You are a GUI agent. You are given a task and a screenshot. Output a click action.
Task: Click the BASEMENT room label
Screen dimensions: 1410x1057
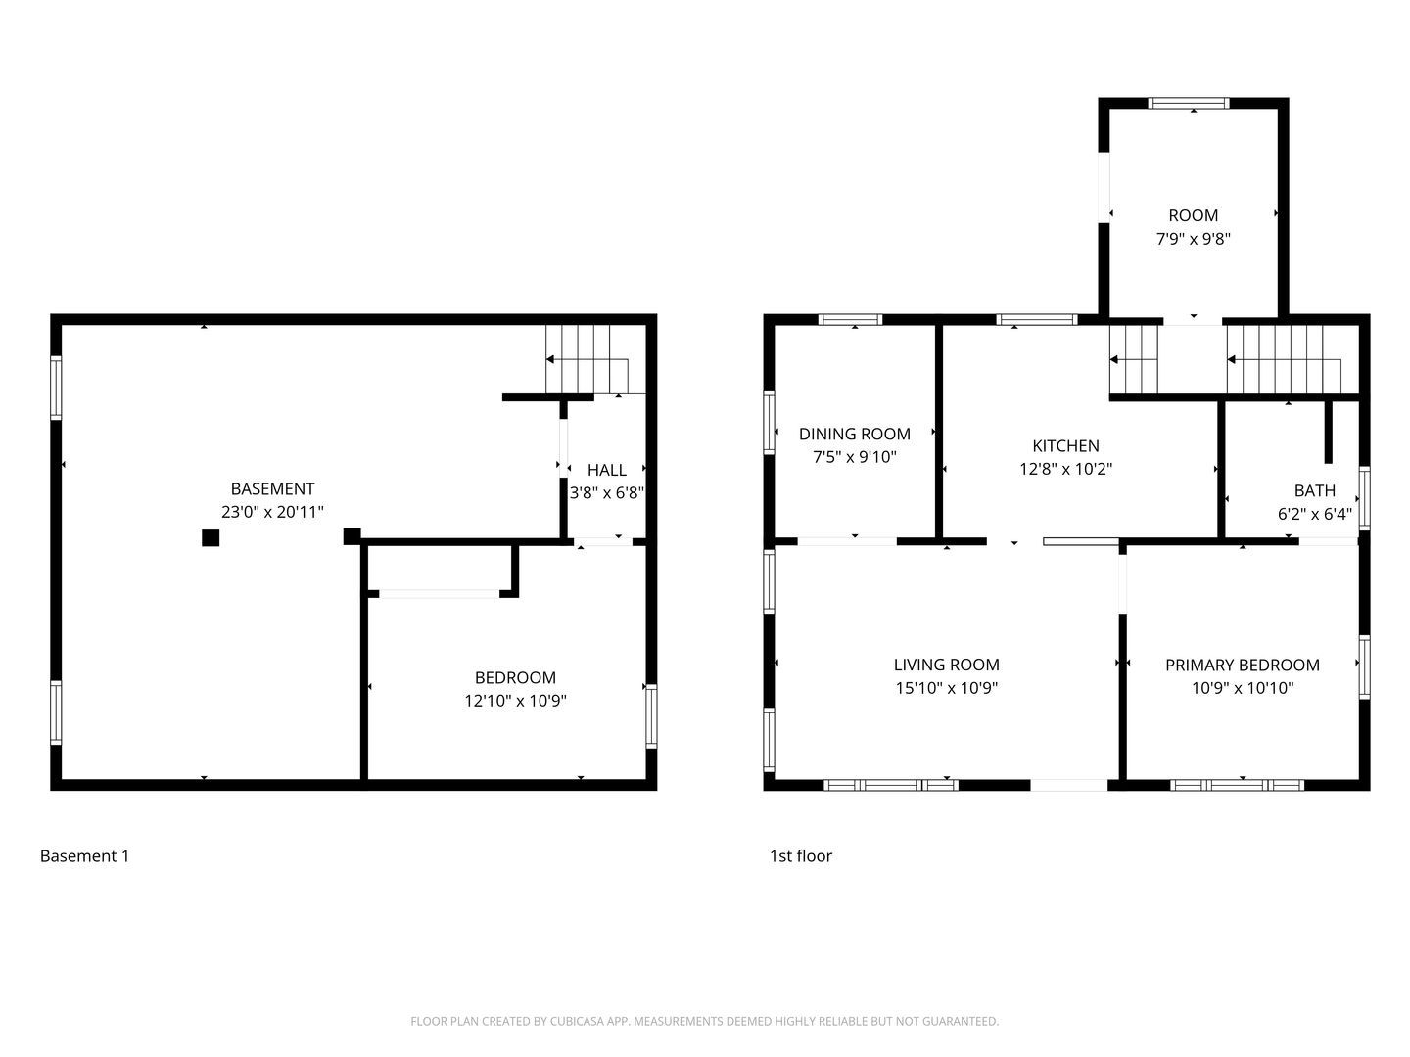(x=272, y=488)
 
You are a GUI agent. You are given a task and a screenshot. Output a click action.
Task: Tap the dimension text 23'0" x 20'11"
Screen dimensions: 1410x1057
(x=272, y=512)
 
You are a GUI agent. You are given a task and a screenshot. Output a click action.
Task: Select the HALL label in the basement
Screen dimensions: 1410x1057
(x=606, y=470)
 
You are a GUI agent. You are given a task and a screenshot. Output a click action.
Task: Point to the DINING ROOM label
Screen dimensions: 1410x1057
(x=855, y=434)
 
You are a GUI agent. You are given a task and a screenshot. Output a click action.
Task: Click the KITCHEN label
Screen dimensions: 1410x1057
(x=1065, y=445)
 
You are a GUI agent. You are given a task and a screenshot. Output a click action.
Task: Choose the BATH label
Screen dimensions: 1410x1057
(x=1314, y=490)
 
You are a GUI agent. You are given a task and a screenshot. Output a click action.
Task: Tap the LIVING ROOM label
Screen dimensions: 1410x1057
(x=946, y=665)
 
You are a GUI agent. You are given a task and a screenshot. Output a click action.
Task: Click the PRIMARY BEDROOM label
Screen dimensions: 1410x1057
(x=1243, y=665)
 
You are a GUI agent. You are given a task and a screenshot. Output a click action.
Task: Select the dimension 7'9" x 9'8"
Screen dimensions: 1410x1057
(x=1193, y=239)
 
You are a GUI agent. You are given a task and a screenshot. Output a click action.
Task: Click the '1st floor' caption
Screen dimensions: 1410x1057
(x=800, y=855)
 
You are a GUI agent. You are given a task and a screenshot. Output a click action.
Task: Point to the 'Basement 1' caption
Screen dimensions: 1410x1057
(x=85, y=855)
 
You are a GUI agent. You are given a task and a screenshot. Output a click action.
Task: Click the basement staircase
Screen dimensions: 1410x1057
(x=594, y=359)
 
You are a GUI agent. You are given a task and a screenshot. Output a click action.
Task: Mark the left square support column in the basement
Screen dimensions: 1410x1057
(x=211, y=538)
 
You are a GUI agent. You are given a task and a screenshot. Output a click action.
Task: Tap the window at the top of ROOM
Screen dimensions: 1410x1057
(x=1189, y=104)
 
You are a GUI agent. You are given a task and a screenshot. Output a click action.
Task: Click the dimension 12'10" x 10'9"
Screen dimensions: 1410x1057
(x=515, y=700)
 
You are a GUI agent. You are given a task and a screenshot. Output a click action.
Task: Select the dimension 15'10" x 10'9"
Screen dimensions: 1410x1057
(x=946, y=687)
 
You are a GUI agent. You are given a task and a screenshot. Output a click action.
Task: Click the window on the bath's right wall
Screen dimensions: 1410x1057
(x=1364, y=498)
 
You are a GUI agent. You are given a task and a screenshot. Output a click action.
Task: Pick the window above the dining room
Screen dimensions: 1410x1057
(x=850, y=320)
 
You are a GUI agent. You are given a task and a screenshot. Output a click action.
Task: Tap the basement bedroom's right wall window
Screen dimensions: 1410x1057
(x=651, y=716)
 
